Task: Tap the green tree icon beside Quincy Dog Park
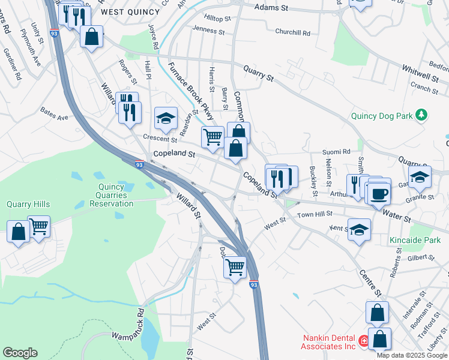click(x=422, y=114)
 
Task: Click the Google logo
click(x=20, y=353)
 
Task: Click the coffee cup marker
click(x=379, y=194)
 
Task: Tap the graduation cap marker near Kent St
click(x=359, y=230)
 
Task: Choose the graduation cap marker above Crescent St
click(x=166, y=118)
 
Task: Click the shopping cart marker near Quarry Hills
click(x=39, y=227)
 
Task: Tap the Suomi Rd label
click(x=337, y=152)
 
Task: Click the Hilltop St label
click(x=217, y=19)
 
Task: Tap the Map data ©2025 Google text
click(x=411, y=355)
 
